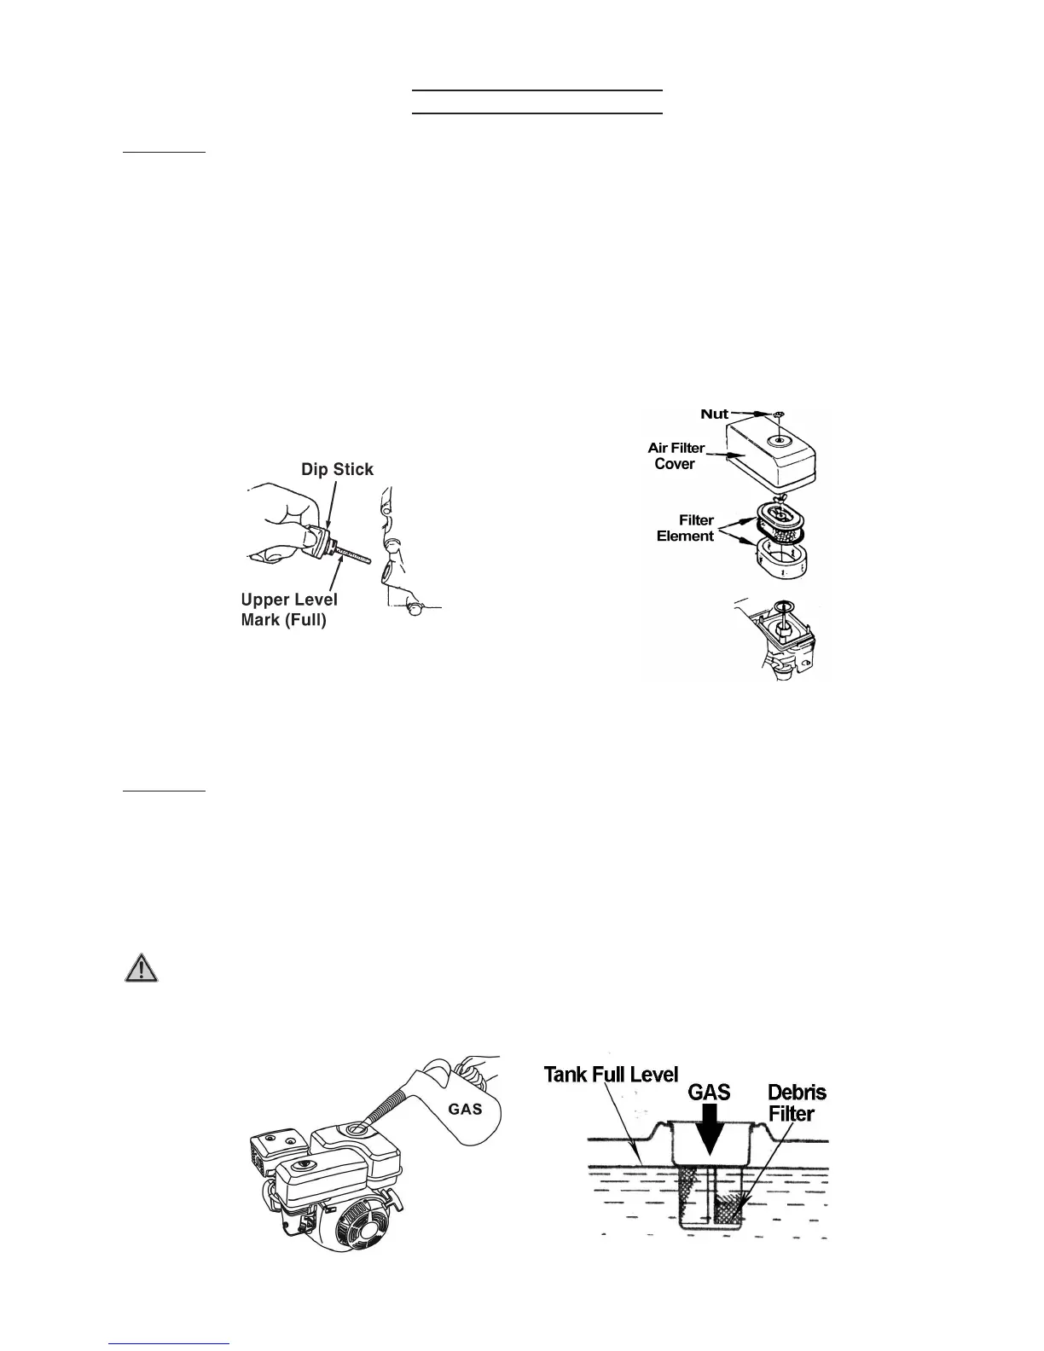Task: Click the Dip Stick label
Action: point(337,470)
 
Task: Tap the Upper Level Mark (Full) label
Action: point(289,610)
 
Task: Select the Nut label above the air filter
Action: point(715,415)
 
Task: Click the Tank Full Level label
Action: point(611,1075)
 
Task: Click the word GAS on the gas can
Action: point(466,1109)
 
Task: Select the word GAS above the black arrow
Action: point(709,1091)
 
